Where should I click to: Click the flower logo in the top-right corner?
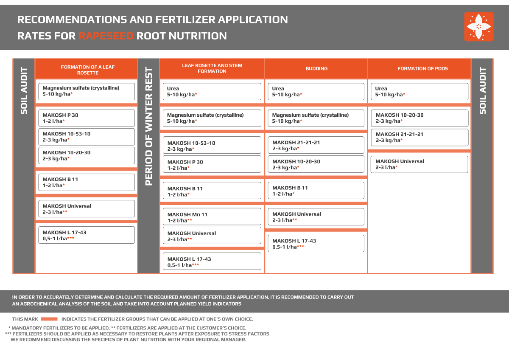[x=478, y=27]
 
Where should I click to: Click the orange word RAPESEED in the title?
[x=106, y=36]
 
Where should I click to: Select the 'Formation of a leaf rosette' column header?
[x=87, y=70]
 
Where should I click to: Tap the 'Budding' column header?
[x=316, y=68]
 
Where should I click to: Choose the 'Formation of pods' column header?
[x=422, y=68]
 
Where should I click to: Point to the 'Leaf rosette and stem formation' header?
[x=212, y=68]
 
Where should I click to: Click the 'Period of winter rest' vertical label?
[x=148, y=127]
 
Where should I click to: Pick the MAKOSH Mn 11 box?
[x=212, y=217]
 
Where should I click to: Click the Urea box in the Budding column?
[x=316, y=91]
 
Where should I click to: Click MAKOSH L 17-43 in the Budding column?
[x=316, y=243]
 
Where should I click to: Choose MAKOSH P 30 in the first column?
[x=87, y=118]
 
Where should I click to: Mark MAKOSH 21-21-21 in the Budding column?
[x=316, y=145]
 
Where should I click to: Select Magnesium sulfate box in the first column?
[x=87, y=91]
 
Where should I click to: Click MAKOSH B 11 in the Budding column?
[x=316, y=191]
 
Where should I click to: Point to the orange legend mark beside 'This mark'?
[x=49, y=319]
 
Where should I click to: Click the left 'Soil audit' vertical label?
[x=24, y=91]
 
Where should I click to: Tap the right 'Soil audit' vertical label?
[x=483, y=91]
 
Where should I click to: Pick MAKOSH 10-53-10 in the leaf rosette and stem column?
[x=212, y=146]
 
